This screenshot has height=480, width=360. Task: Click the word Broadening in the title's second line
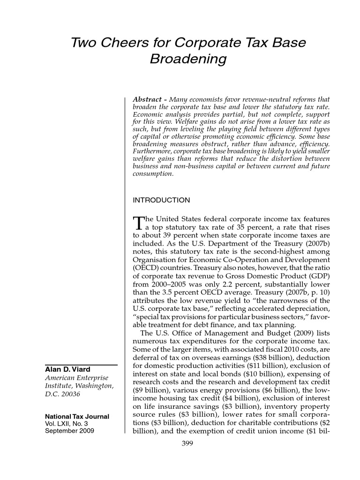[x=188, y=60]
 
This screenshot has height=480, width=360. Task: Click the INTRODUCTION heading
[x=161, y=201]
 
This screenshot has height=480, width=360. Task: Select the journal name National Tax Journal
[x=77, y=417]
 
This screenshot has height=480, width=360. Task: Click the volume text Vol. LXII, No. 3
[x=68, y=424]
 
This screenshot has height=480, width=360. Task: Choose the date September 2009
[x=69, y=431]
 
